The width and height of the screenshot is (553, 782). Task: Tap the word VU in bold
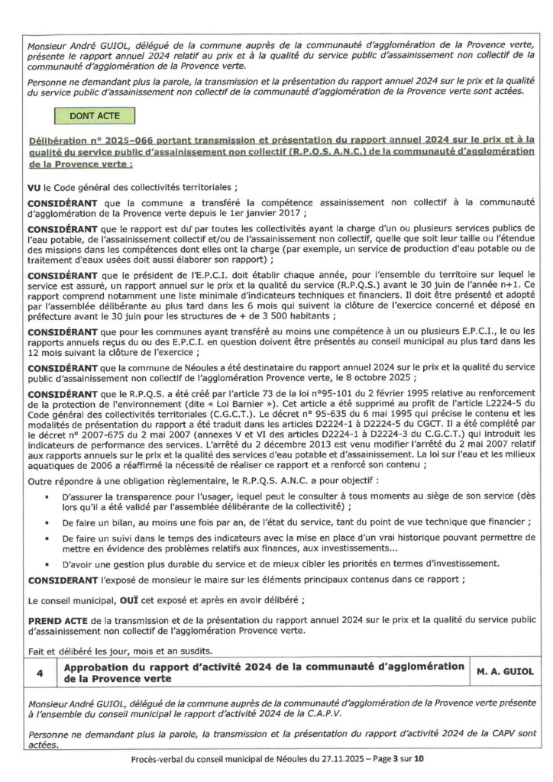(35, 187)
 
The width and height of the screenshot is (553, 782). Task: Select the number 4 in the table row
(39, 671)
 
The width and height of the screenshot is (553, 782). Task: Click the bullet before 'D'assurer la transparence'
(47, 497)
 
